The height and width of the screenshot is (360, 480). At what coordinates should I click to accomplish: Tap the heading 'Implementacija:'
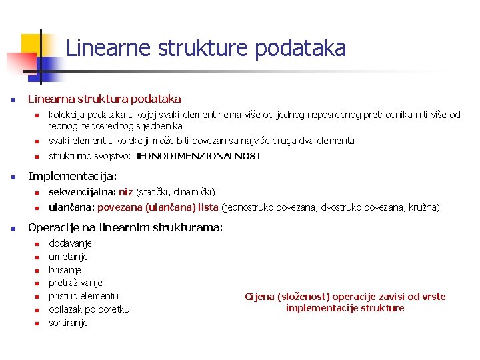pos(72,177)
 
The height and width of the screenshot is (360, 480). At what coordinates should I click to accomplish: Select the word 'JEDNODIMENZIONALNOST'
pos(198,157)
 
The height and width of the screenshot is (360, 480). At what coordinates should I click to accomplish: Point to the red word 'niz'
pos(126,192)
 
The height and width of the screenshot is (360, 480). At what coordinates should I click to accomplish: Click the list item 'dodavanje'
pos(70,243)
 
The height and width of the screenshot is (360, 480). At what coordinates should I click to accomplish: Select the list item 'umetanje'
pos(68,257)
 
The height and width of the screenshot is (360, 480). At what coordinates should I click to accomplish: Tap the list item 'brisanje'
pos(65,270)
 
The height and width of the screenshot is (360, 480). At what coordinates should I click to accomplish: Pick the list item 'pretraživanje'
pos(75,283)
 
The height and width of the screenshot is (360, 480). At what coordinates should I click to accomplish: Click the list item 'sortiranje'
pos(68,323)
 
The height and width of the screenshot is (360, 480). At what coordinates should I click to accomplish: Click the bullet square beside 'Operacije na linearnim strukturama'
pos(13,228)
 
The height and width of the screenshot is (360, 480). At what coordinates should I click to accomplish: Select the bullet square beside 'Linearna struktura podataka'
pos(13,100)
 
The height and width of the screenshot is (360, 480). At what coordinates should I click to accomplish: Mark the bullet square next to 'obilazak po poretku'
pos(38,310)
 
